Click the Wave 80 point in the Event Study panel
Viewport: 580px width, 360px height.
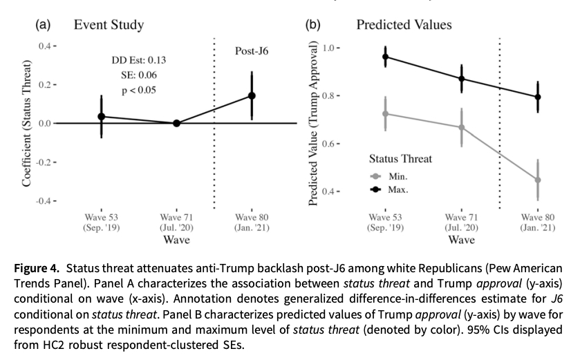(x=252, y=96)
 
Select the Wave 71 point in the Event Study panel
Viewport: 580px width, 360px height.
(x=176, y=123)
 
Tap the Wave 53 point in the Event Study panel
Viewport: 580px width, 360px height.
(x=102, y=117)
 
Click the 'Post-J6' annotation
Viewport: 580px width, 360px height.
(x=252, y=51)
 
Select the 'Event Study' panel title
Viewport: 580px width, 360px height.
(x=109, y=26)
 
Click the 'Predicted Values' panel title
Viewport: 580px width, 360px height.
(x=404, y=26)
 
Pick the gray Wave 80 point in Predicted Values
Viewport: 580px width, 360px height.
(x=537, y=180)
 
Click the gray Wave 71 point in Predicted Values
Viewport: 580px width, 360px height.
(x=462, y=127)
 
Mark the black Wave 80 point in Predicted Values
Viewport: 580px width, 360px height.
(x=537, y=97)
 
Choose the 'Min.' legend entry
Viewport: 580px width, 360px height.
(x=398, y=176)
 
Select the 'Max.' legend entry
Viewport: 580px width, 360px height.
(x=398, y=189)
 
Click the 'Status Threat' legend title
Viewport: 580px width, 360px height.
(x=400, y=159)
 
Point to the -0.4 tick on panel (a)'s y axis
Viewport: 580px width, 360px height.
(x=46, y=201)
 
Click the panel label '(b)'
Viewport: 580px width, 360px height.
(x=313, y=26)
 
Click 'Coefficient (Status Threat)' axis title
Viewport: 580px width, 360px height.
(x=26, y=124)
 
